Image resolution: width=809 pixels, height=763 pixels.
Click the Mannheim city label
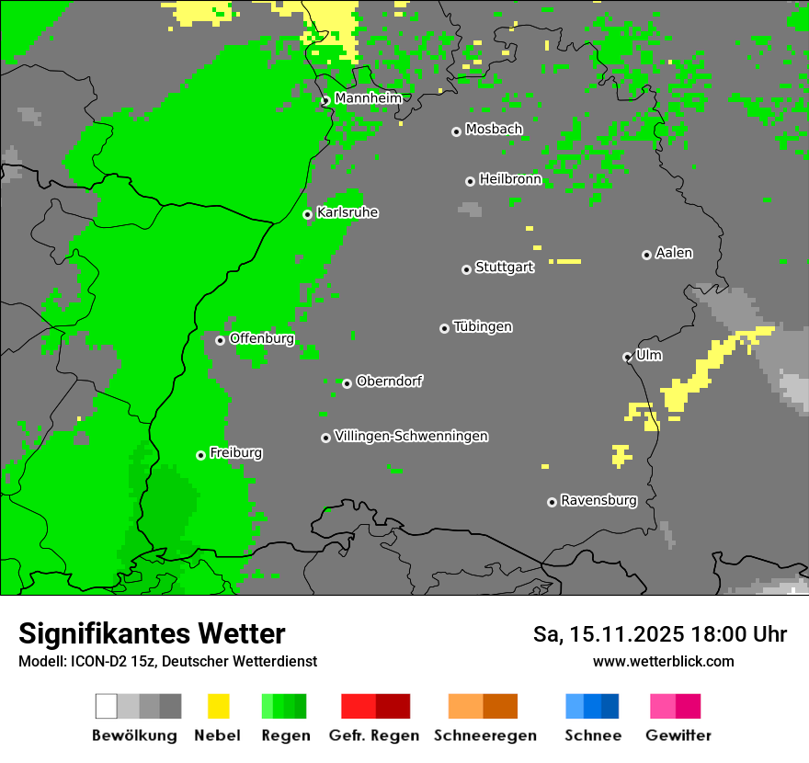pyautogui.click(x=368, y=98)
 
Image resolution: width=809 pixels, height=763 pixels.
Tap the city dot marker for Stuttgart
pyautogui.click(x=466, y=269)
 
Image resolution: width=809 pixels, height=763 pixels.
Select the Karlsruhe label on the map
pyautogui.click(x=348, y=212)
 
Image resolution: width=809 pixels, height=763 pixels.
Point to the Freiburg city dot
pyautogui.click(x=200, y=455)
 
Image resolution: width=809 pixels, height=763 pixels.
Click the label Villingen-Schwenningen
pyautogui.click(x=411, y=436)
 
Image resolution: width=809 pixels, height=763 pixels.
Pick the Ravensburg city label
pyautogui.click(x=598, y=501)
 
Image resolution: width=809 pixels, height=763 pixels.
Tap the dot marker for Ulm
pyautogui.click(x=627, y=357)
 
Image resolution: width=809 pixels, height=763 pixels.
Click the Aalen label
pyautogui.click(x=674, y=253)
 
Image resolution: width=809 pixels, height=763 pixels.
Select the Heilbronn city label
pyautogui.click(x=510, y=179)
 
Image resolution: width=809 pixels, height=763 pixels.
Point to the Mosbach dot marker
pyautogui.click(x=456, y=131)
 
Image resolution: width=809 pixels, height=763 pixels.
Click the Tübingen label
pyautogui.click(x=483, y=327)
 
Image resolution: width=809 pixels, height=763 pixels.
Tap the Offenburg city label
pyautogui.click(x=262, y=338)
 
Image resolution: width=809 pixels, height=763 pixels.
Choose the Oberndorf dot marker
pyautogui.click(x=347, y=383)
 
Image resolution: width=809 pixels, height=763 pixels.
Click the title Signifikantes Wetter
pyautogui.click(x=152, y=633)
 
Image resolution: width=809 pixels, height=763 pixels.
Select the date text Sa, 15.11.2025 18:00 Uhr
pyautogui.click(x=659, y=634)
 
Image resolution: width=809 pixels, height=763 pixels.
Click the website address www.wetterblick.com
pyautogui.click(x=663, y=661)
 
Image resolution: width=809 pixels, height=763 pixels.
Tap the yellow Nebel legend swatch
pyautogui.click(x=218, y=706)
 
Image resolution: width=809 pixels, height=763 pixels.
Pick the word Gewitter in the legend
pyautogui.click(x=678, y=735)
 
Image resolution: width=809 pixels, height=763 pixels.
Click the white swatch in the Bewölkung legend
pyautogui.click(x=107, y=706)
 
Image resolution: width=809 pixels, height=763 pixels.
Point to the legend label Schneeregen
pyautogui.click(x=484, y=735)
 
